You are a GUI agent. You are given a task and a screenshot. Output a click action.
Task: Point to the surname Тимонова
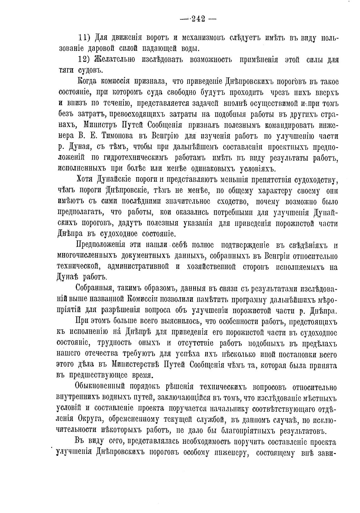tap(117, 136)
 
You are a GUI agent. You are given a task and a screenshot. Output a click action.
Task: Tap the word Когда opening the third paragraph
tap(87, 82)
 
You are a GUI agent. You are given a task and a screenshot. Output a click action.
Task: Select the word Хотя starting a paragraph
tap(86, 180)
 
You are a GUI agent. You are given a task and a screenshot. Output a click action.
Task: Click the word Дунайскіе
tap(117, 180)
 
